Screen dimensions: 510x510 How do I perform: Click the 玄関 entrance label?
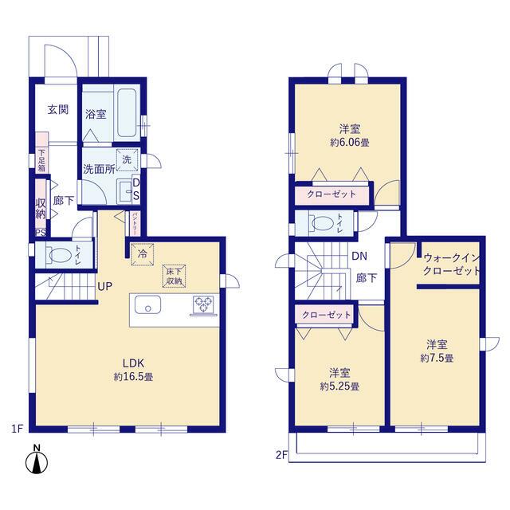click(x=58, y=110)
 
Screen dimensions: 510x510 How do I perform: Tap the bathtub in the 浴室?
click(x=127, y=112)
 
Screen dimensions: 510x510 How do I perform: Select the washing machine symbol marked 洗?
click(x=127, y=159)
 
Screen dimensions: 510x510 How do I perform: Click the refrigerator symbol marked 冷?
click(x=142, y=254)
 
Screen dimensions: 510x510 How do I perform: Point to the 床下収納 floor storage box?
click(x=174, y=277)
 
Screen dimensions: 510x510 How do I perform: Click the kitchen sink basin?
click(x=147, y=304)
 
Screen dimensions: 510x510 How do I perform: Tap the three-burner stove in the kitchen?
click(x=204, y=305)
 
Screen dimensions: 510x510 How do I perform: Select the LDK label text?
click(x=133, y=363)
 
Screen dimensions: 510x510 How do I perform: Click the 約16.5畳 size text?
click(x=133, y=377)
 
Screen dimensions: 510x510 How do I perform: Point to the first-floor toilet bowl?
click(x=61, y=255)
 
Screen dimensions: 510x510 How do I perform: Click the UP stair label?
click(x=104, y=286)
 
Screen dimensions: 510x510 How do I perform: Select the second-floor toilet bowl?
click(x=324, y=223)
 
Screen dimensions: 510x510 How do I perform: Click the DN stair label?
click(x=359, y=257)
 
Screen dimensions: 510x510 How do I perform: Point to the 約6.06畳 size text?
click(x=350, y=143)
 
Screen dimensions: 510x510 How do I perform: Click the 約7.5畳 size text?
click(x=437, y=358)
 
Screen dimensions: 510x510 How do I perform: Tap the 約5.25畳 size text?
click(x=339, y=386)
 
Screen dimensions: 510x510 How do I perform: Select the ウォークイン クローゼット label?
click(x=452, y=265)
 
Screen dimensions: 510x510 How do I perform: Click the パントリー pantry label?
click(x=135, y=223)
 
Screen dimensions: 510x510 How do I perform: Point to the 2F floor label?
click(x=282, y=455)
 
